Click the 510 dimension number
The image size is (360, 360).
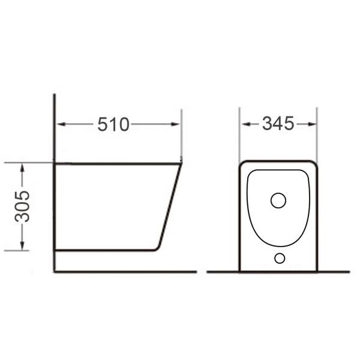point(113,124)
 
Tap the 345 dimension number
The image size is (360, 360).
point(278,124)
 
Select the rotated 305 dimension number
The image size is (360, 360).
point(23,206)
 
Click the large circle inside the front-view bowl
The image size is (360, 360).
point(278,200)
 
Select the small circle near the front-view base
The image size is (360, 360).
point(279,258)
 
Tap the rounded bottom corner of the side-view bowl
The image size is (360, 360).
point(157,246)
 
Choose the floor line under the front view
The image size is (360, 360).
point(279,272)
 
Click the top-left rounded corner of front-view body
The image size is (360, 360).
point(242,163)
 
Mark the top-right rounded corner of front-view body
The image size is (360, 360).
point(314,163)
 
